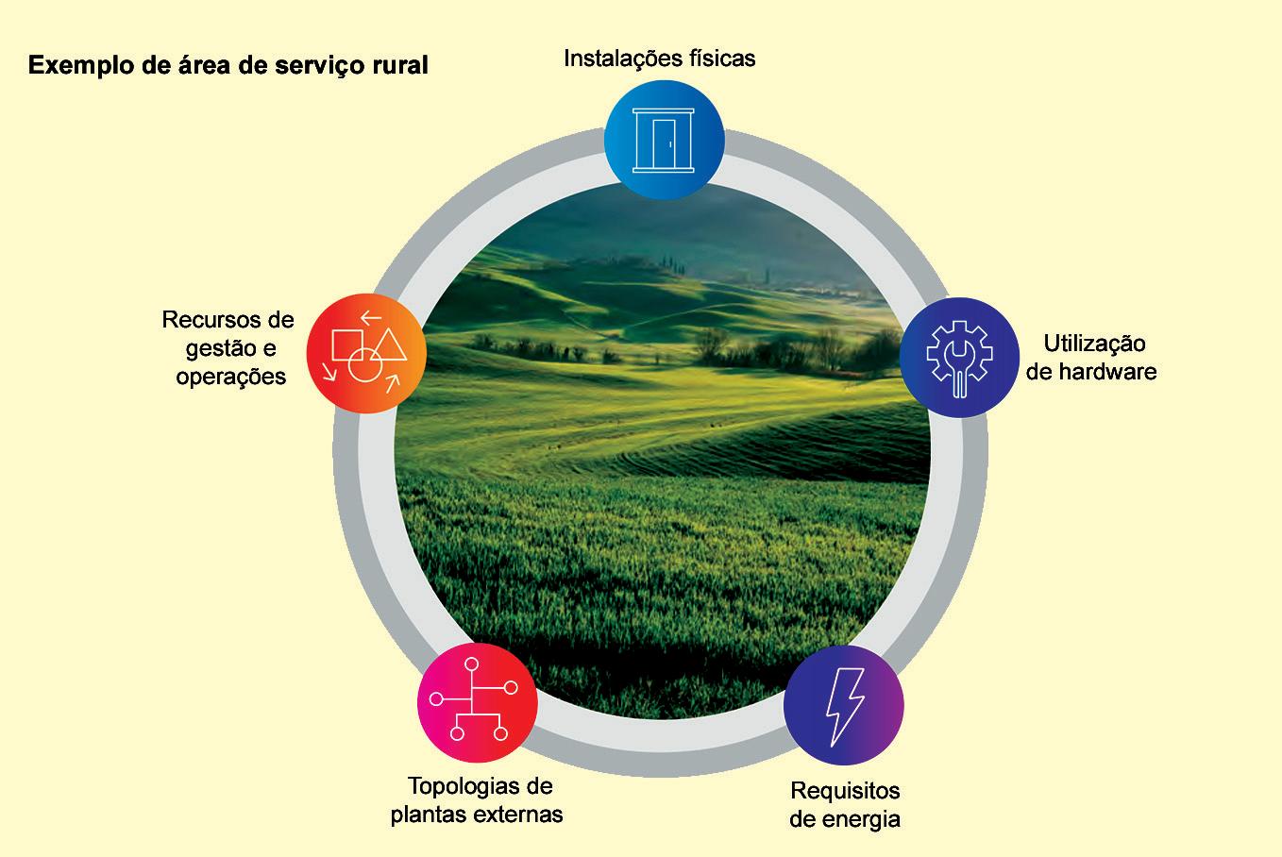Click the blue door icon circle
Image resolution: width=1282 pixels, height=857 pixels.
tap(665, 140)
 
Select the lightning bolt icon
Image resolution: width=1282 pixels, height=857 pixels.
tap(844, 705)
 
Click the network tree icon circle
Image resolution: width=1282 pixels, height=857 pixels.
tap(477, 703)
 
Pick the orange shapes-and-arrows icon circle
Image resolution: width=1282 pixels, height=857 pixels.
tap(366, 352)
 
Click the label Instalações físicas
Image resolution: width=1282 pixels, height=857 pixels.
tap(659, 59)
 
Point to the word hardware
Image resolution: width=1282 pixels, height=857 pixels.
tap(1106, 371)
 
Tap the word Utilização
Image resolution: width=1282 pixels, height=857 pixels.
tap(1094, 343)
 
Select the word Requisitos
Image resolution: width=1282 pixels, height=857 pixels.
tap(845, 790)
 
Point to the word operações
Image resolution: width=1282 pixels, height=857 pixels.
tap(230, 377)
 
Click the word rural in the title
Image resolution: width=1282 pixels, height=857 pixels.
tap(400, 65)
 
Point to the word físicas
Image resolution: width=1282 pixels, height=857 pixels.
tap(724, 59)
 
